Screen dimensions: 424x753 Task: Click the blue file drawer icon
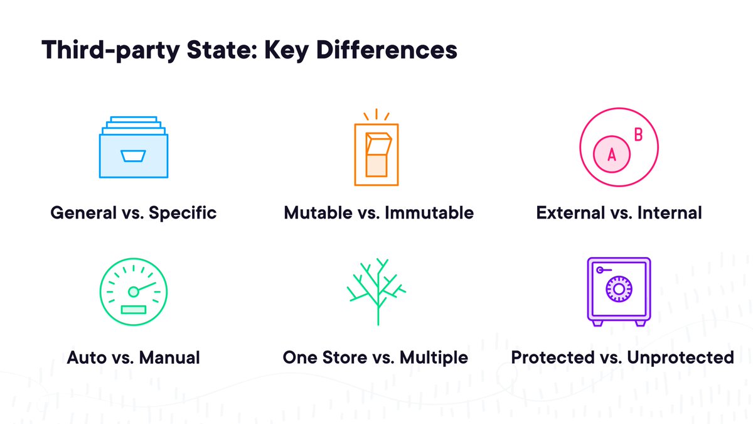(134, 148)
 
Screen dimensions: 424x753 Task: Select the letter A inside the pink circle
(612, 155)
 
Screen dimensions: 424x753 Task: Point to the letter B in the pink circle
(638, 134)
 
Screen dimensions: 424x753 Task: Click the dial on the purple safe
(618, 289)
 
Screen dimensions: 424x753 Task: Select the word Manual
(169, 358)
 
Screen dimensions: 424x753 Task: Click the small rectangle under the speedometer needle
(133, 309)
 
